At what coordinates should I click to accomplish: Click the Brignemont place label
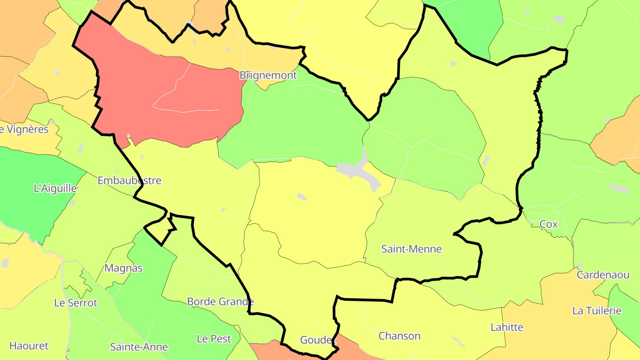pyautogui.click(x=268, y=75)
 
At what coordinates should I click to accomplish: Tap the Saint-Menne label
pyautogui.click(x=412, y=249)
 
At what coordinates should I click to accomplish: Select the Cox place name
pyautogui.click(x=548, y=224)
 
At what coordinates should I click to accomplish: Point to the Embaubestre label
pyautogui.click(x=129, y=180)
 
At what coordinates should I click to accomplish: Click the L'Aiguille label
pyautogui.click(x=56, y=188)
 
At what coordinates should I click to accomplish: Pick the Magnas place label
pyautogui.click(x=124, y=268)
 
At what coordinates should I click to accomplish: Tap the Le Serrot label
pyautogui.click(x=76, y=303)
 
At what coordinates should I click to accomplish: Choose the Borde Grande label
pyautogui.click(x=220, y=302)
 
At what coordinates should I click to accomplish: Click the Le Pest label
pyautogui.click(x=214, y=339)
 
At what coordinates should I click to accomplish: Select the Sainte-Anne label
pyautogui.click(x=139, y=347)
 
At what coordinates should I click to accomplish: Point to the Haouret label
pyautogui.click(x=29, y=345)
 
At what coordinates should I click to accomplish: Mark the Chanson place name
pyautogui.click(x=400, y=336)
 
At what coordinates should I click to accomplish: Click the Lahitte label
pyautogui.click(x=507, y=328)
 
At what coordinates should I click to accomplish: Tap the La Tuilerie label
pyautogui.click(x=597, y=311)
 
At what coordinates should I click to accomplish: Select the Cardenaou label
pyautogui.click(x=603, y=275)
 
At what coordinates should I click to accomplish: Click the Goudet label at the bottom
pyautogui.click(x=316, y=340)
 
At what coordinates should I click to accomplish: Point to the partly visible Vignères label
pyautogui.click(x=24, y=129)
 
